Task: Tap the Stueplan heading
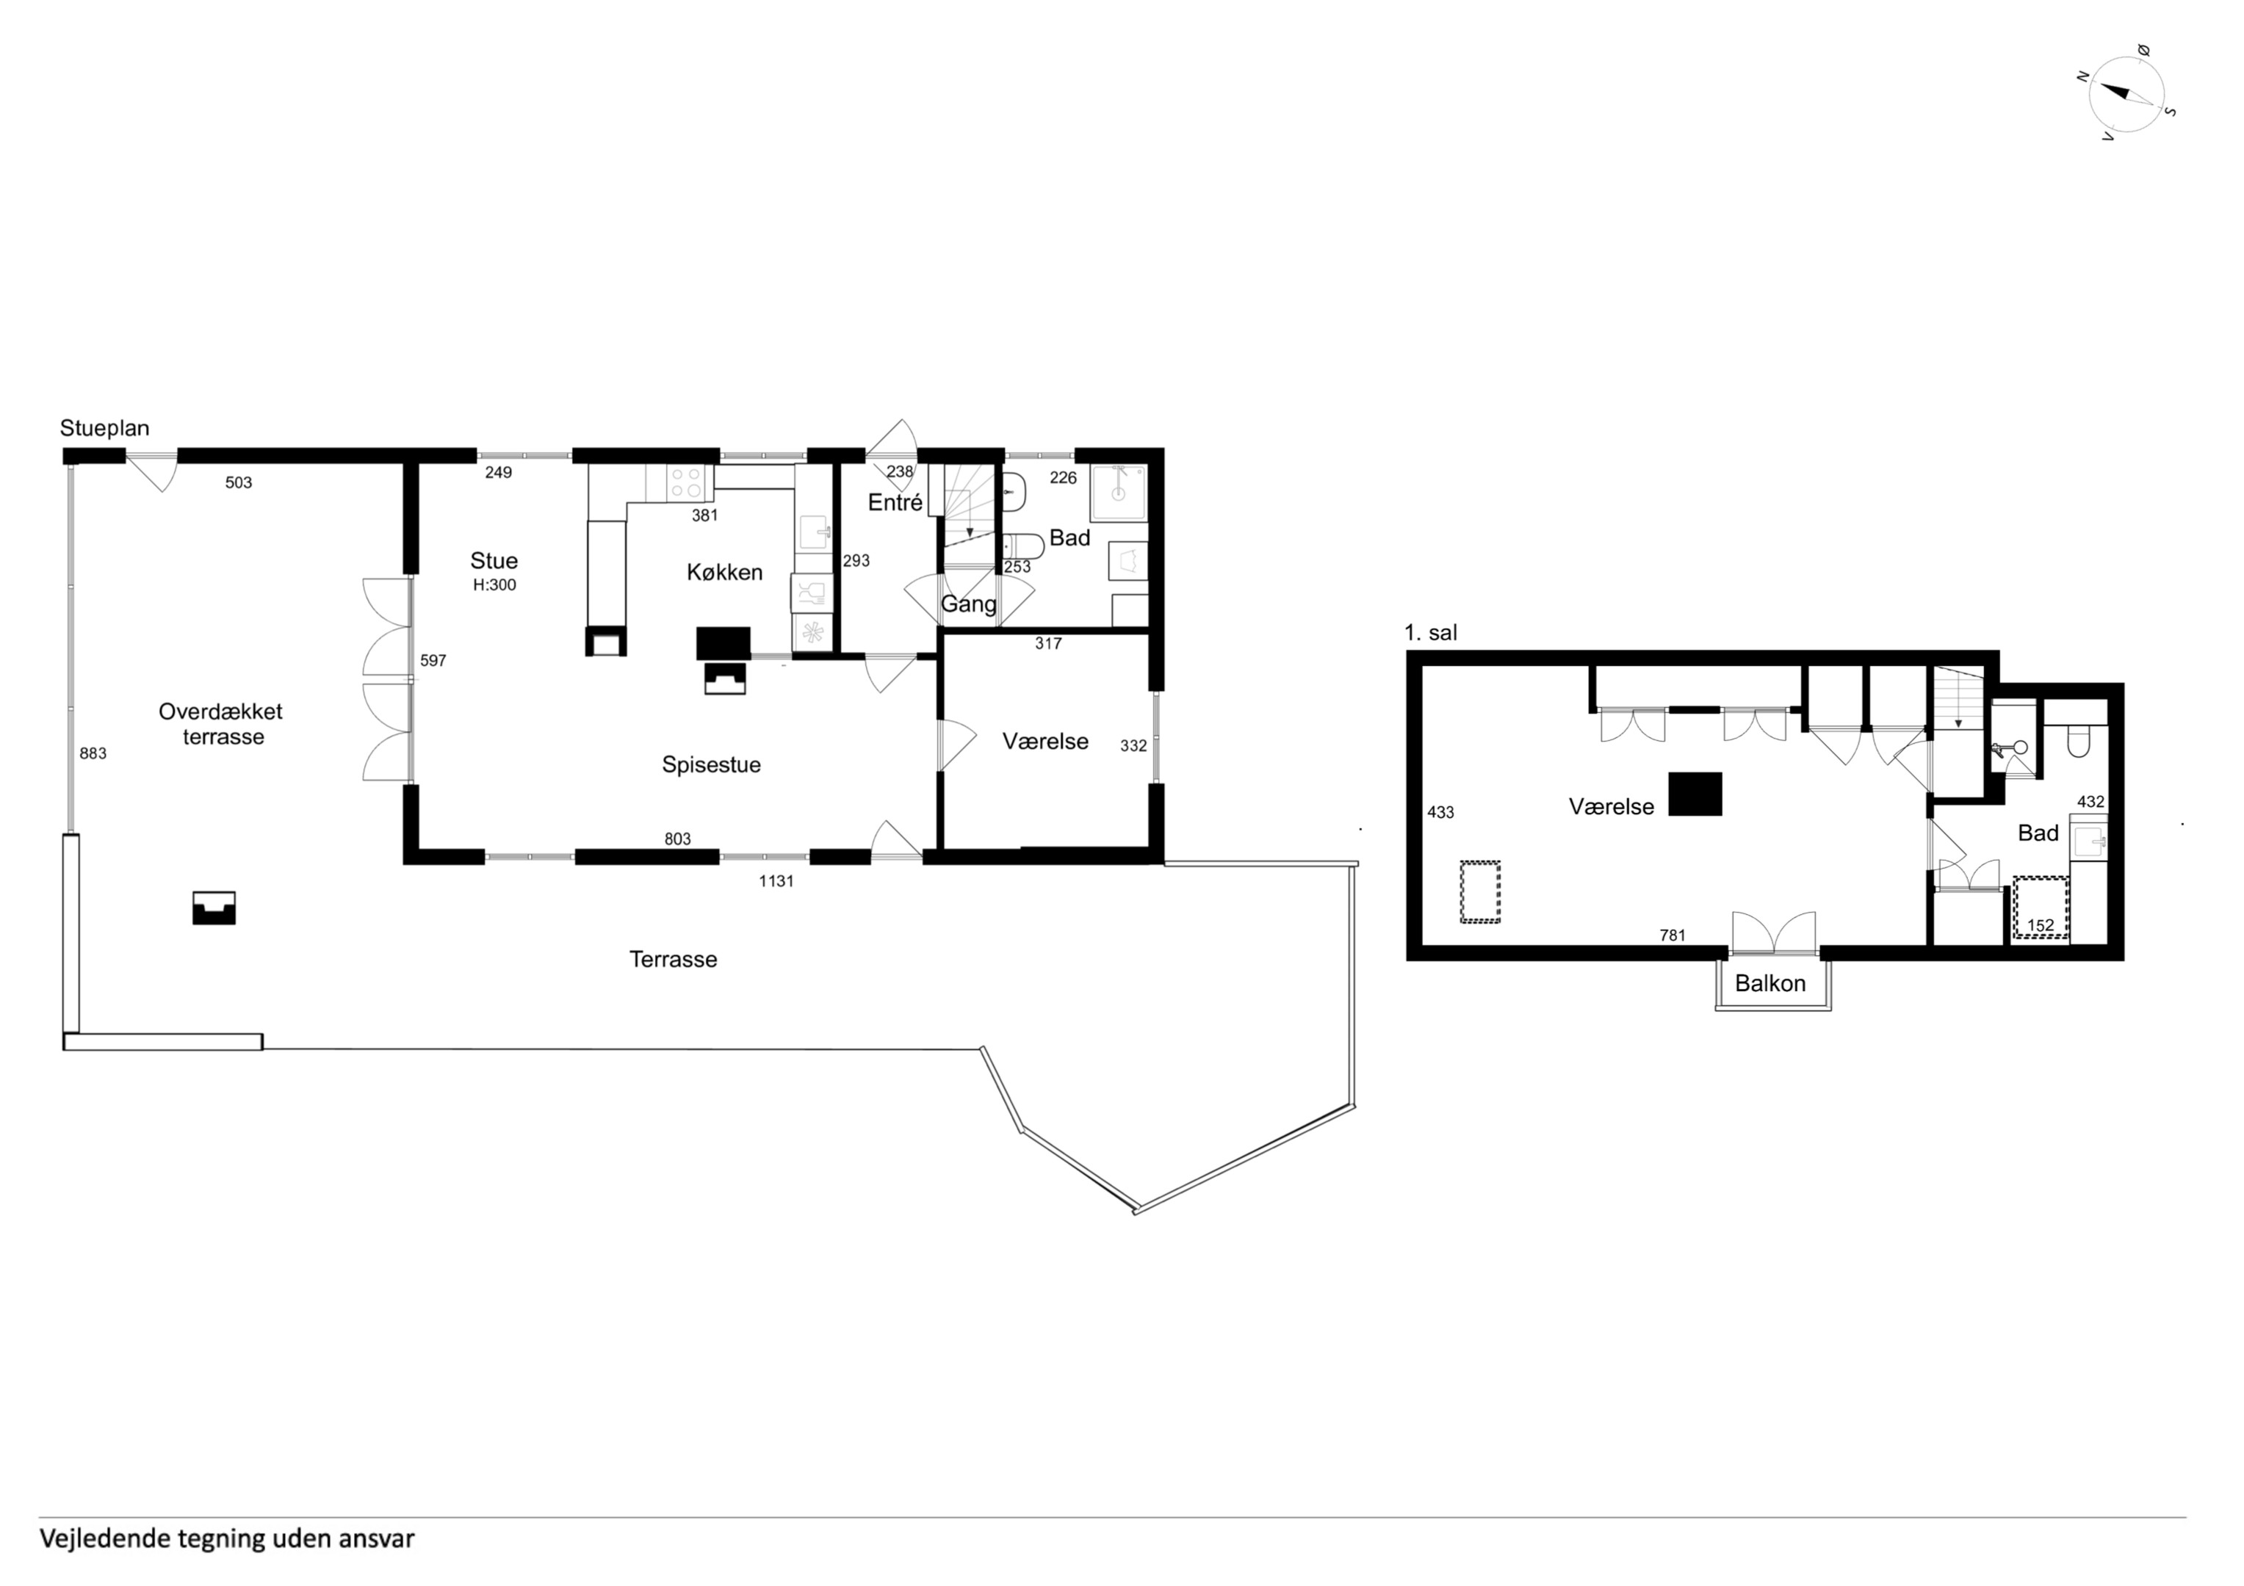(x=104, y=428)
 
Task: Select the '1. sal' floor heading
(x=1431, y=632)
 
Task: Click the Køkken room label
(x=724, y=573)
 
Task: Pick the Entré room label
(x=895, y=502)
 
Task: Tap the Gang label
(x=969, y=604)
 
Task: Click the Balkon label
(x=1770, y=983)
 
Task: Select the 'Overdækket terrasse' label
(x=222, y=724)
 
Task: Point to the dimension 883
(x=93, y=753)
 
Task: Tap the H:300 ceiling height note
(x=494, y=585)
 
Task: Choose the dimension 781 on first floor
(x=1673, y=935)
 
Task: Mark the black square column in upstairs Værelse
(x=1695, y=794)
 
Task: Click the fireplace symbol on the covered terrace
(x=214, y=908)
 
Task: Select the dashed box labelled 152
(x=2040, y=908)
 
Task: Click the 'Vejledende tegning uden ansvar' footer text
(x=227, y=1539)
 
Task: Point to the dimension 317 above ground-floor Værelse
(x=1047, y=643)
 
